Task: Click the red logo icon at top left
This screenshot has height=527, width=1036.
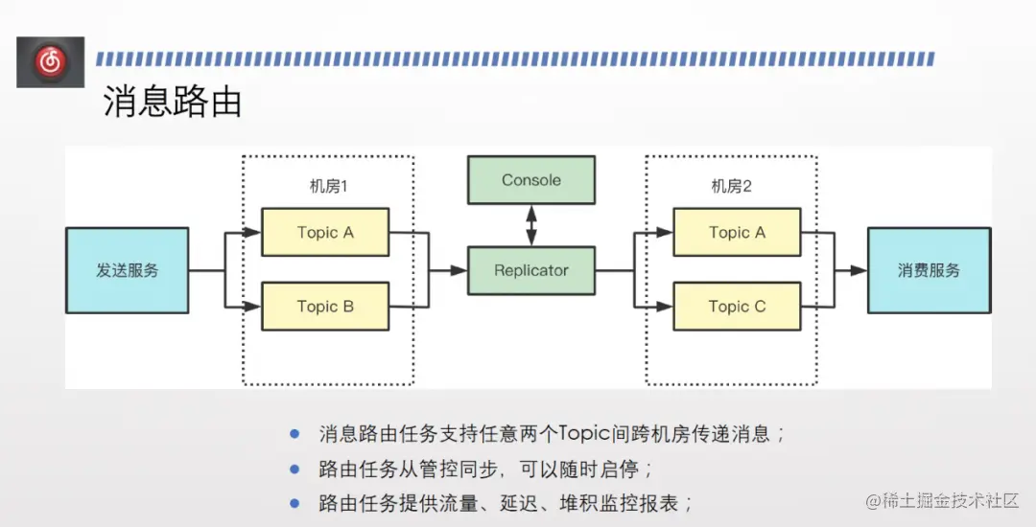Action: coord(50,62)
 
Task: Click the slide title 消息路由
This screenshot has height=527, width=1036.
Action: coord(173,102)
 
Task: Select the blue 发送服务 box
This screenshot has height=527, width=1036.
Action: coord(127,270)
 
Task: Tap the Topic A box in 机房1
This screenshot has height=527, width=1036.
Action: coord(325,232)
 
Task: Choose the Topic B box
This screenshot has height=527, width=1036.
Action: coord(325,307)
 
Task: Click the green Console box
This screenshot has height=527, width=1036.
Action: coord(530,180)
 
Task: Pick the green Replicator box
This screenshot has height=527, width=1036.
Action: coord(530,270)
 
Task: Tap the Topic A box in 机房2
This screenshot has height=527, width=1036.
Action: coord(737,232)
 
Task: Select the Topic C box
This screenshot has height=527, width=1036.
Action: coord(737,307)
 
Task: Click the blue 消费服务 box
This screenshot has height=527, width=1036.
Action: coord(929,270)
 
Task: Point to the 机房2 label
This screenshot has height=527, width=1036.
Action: coord(731,186)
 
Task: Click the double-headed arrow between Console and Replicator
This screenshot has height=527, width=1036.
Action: coord(530,225)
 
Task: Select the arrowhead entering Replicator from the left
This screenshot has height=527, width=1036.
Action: coord(460,271)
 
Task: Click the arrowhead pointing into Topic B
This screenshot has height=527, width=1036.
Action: coord(254,308)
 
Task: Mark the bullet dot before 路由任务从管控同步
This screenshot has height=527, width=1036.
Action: coord(294,470)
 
